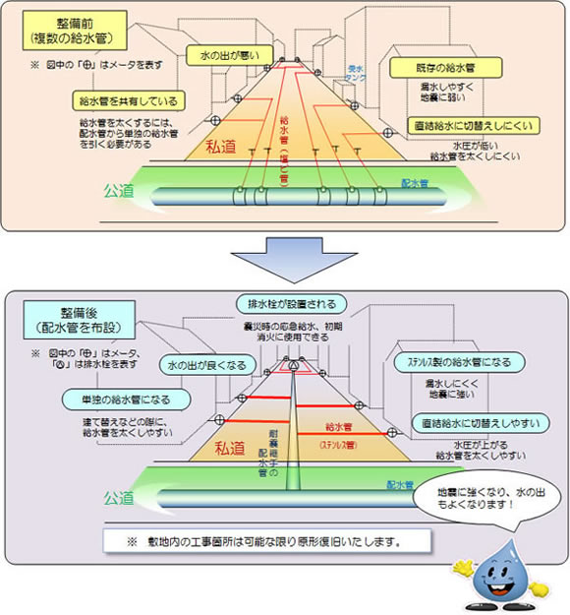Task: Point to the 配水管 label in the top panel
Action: (416, 182)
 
